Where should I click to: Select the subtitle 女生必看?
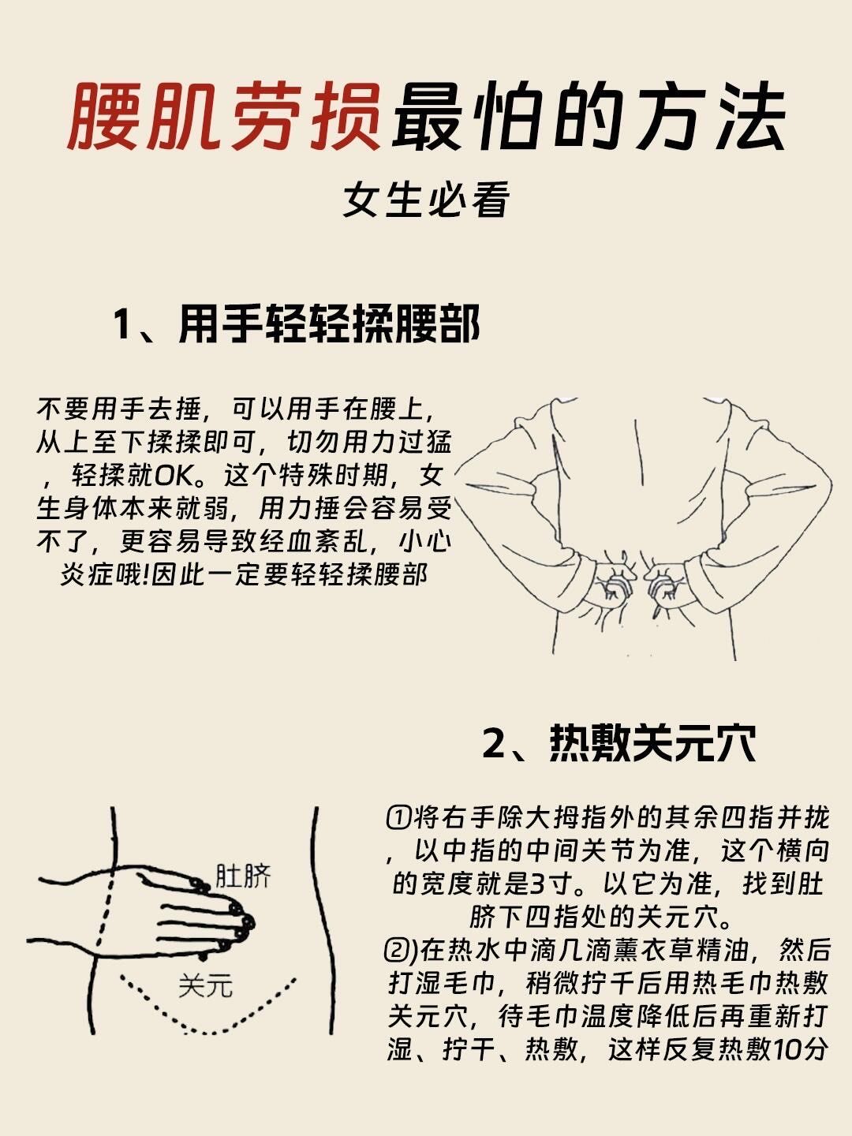[426, 200]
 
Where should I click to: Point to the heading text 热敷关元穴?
[652, 743]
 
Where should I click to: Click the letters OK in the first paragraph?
[173, 476]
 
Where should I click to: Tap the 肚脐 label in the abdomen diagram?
[242, 876]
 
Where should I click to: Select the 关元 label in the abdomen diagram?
[205, 985]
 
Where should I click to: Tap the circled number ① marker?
[399, 817]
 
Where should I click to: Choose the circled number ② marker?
[399, 950]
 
